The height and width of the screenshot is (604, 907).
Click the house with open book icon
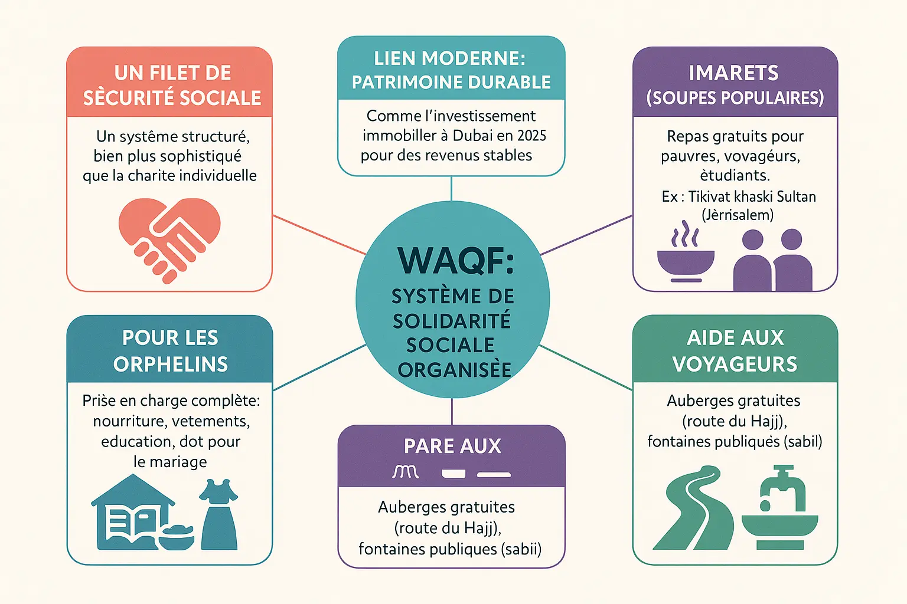tap(133, 513)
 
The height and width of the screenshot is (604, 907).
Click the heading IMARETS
tap(734, 73)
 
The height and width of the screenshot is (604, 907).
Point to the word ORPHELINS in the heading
tap(171, 364)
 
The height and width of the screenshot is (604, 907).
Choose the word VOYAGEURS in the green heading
tap(735, 364)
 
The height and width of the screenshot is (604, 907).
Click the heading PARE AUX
tap(452, 446)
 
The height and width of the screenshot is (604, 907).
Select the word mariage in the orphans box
tap(178, 462)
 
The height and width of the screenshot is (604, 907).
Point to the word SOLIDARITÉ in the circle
tap(452, 321)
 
